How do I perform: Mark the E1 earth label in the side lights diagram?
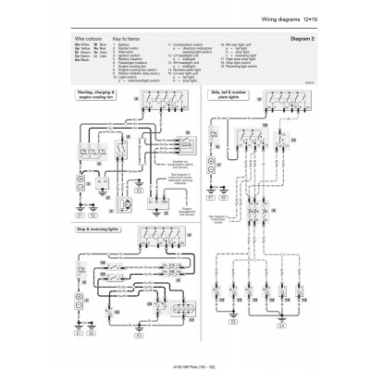coord(211,197)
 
